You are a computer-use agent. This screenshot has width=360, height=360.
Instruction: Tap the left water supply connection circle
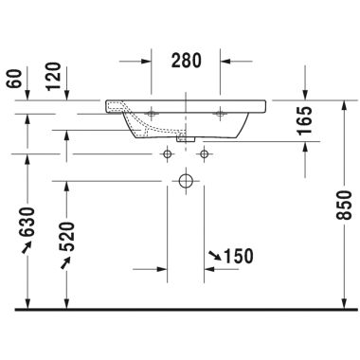click(168, 153)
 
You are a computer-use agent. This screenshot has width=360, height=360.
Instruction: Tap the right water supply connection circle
click(204, 153)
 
